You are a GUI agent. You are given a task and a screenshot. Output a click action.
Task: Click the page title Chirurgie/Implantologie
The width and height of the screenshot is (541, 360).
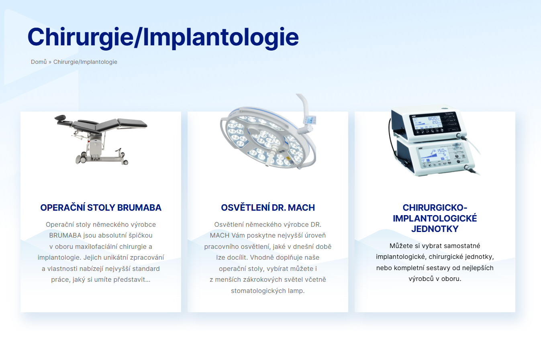(x=163, y=37)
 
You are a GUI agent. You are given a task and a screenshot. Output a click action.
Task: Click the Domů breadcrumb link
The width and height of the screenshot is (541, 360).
(x=39, y=62)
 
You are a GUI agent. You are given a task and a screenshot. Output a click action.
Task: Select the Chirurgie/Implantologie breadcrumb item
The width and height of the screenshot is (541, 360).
(x=85, y=62)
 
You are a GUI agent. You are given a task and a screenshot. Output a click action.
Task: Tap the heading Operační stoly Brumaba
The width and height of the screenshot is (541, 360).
(x=101, y=207)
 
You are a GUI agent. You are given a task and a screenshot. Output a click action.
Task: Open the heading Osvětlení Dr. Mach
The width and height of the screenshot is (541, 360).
(x=268, y=207)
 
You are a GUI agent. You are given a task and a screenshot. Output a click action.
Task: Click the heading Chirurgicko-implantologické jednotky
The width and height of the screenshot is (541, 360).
(x=435, y=218)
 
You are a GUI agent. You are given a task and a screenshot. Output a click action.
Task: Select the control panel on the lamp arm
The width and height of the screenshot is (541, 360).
(x=310, y=120)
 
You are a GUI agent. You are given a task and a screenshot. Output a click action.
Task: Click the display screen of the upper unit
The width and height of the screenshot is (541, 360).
(x=426, y=124)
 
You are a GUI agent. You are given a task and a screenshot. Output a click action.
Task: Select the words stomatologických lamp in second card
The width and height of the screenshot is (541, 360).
(x=267, y=291)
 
